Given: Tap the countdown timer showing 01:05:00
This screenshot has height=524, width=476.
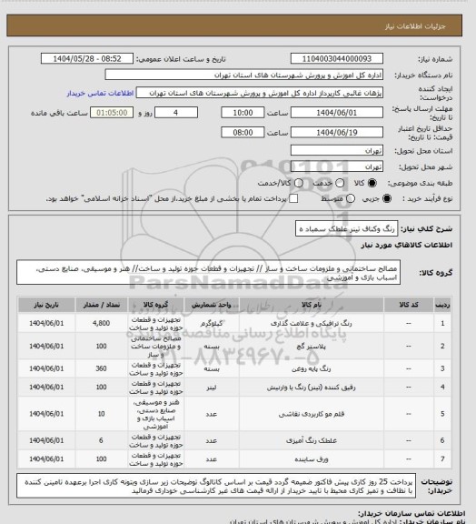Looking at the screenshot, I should pyautogui.click(x=111, y=113).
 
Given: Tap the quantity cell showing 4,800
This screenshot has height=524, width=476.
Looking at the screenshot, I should pyautogui.click(x=100, y=323).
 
